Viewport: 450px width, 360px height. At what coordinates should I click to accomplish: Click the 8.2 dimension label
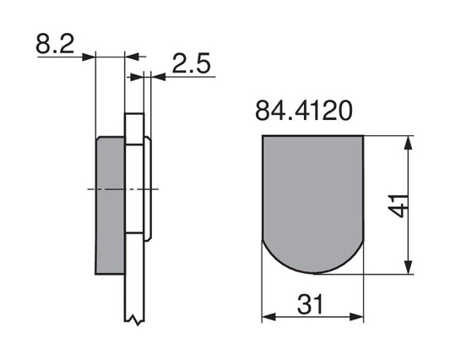pyautogui.click(x=55, y=44)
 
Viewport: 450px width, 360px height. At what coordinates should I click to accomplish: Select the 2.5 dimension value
pyautogui.click(x=192, y=63)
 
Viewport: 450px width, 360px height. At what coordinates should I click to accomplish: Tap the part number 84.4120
pyautogui.click(x=304, y=111)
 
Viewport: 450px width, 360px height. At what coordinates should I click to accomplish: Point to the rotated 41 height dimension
pyautogui.click(x=398, y=205)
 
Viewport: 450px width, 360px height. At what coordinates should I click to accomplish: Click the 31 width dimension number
pyautogui.click(x=310, y=304)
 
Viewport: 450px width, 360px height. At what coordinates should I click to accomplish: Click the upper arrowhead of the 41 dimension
pyautogui.click(x=408, y=143)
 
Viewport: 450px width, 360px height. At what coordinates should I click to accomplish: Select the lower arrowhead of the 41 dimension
pyautogui.click(x=408, y=267)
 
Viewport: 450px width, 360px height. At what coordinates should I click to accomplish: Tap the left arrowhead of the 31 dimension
pyautogui.click(x=269, y=317)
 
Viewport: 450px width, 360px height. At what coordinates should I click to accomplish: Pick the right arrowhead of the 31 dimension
pyautogui.click(x=356, y=317)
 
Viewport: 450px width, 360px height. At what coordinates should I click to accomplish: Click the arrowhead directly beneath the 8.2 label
pyautogui.click(x=89, y=57)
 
